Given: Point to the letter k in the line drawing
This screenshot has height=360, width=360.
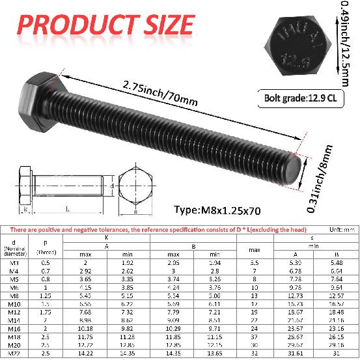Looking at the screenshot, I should [25, 210].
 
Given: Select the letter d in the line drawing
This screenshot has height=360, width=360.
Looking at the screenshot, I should [112, 186].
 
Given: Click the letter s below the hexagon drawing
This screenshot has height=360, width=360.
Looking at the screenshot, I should [135, 212].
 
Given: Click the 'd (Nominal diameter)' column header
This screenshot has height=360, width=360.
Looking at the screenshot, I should [14, 246].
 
